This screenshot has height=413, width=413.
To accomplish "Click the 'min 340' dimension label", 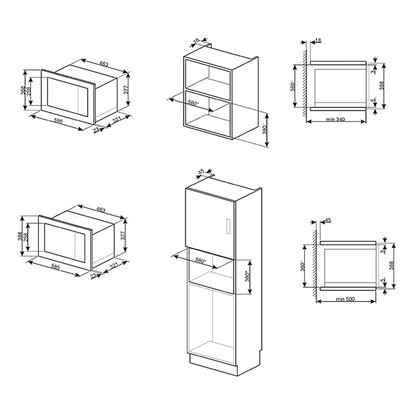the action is tap(335, 119).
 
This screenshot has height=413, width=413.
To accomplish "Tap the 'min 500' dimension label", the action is tap(345, 299).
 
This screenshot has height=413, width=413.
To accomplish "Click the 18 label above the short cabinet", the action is tap(196, 41).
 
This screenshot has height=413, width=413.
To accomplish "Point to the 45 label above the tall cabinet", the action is tap(201, 172).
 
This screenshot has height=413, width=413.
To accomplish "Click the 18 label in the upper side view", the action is tap(318, 40).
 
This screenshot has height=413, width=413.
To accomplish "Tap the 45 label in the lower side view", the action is tap(328, 220).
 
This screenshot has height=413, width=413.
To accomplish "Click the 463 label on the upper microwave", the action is tap(104, 64).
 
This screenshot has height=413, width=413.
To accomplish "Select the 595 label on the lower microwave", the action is tap(55, 267).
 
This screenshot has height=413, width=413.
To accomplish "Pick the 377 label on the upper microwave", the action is tap(126, 90).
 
